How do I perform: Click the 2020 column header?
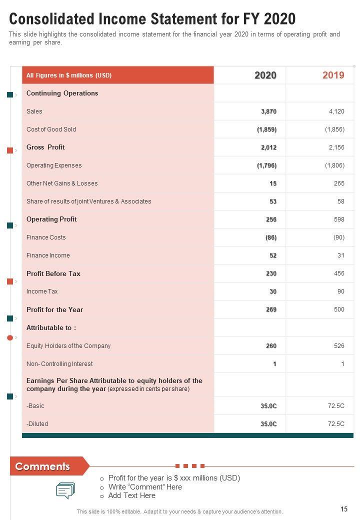coord(265,75)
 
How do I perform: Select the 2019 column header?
coord(333,75)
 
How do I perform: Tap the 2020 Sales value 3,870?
coord(268,111)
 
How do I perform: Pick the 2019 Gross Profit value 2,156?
coord(336,147)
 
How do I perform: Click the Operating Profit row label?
coord(51,219)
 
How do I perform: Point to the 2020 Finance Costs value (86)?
coord(270,237)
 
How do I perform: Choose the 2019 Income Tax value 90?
coord(339,291)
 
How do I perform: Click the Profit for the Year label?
coord(54,309)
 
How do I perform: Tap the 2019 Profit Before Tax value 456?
coord(339,273)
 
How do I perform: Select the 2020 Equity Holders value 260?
coord(271,346)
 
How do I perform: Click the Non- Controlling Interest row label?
coord(59,364)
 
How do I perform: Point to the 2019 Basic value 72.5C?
coord(336,406)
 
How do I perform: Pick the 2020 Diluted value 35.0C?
coord(268,424)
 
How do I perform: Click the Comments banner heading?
coord(42,466)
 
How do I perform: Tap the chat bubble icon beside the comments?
coord(65,490)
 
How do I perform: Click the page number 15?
coord(344,509)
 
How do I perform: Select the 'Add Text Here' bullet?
coord(131,495)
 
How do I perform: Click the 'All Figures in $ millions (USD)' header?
coord(69,75)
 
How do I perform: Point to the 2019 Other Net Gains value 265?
coord(339,183)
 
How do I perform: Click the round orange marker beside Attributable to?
coord(10,338)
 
